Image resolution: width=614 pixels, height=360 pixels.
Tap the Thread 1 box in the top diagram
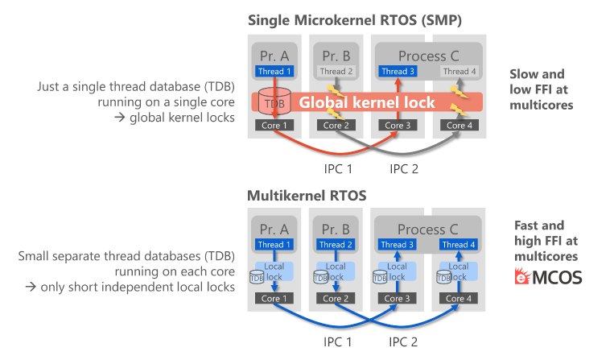[x=274, y=72]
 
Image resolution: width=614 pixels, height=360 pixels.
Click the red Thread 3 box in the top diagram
[x=394, y=72]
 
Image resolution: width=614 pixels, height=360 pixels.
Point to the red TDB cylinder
[x=274, y=103]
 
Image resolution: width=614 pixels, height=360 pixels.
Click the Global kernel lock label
[x=366, y=103]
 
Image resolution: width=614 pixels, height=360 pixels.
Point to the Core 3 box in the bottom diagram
[x=394, y=298]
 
